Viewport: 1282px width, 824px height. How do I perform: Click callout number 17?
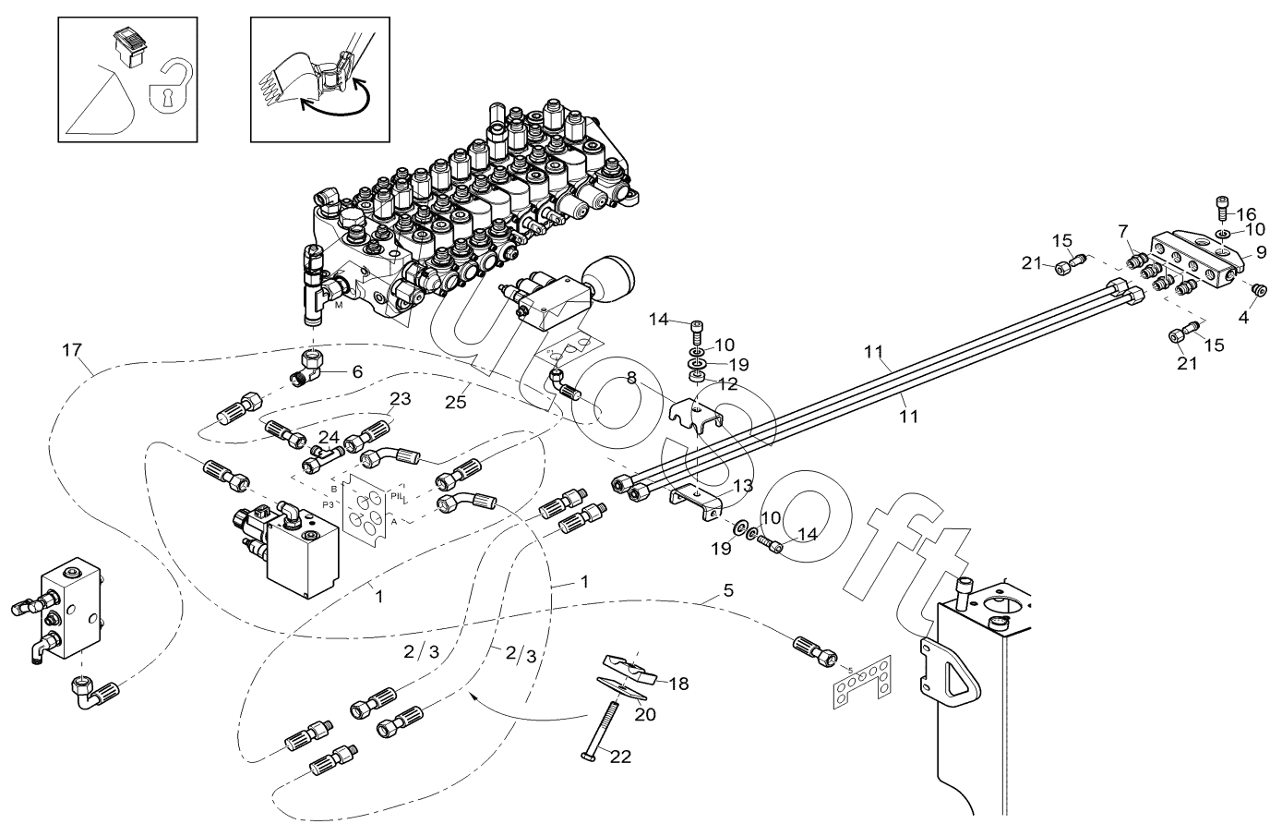tap(72, 350)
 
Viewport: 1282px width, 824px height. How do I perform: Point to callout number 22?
tap(620, 756)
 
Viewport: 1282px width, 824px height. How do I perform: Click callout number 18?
tap(678, 685)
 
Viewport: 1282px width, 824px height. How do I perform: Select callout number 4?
tap(1243, 317)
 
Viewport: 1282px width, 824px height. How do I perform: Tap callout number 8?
tap(631, 377)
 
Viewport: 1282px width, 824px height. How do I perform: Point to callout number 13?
tap(743, 486)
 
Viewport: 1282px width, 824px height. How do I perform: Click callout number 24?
tap(329, 436)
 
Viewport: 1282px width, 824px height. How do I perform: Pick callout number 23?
tap(400, 399)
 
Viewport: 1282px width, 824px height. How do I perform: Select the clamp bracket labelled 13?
tap(695, 500)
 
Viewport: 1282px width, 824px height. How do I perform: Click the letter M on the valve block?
tap(340, 305)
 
